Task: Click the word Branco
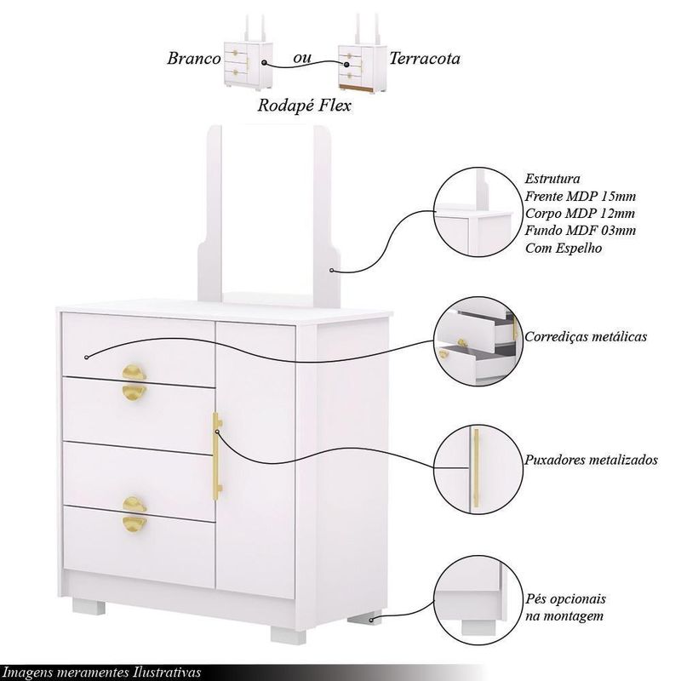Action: tap(194, 58)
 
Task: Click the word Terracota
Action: tap(424, 58)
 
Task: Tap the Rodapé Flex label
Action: tap(304, 106)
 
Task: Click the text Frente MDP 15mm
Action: tap(581, 197)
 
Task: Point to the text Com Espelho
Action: tap(564, 248)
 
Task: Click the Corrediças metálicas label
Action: tap(586, 336)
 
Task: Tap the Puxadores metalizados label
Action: tap(591, 460)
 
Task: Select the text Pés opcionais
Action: tap(565, 599)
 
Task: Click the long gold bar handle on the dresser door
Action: tap(217, 456)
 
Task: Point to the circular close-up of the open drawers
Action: tap(477, 341)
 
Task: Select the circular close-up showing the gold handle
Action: tap(477, 470)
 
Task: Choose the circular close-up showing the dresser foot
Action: tap(477, 600)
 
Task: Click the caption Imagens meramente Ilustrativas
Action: tap(102, 672)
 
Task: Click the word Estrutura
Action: tap(552, 179)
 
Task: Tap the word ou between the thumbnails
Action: tap(302, 58)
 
